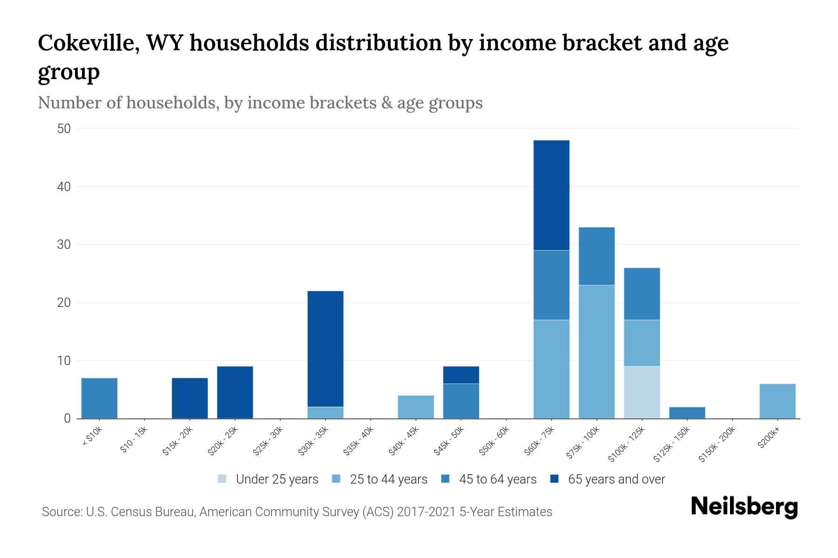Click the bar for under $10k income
99,398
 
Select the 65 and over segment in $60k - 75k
551,195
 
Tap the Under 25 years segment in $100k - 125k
642,392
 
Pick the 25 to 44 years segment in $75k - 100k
596,352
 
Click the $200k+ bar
777,401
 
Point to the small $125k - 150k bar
687,412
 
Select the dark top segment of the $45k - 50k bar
461,375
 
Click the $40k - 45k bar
416,407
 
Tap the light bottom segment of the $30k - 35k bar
325,412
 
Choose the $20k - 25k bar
235,392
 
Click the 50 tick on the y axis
64,129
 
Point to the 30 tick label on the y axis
64,245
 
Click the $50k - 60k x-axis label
494,441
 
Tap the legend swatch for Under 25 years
223,479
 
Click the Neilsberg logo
744,507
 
